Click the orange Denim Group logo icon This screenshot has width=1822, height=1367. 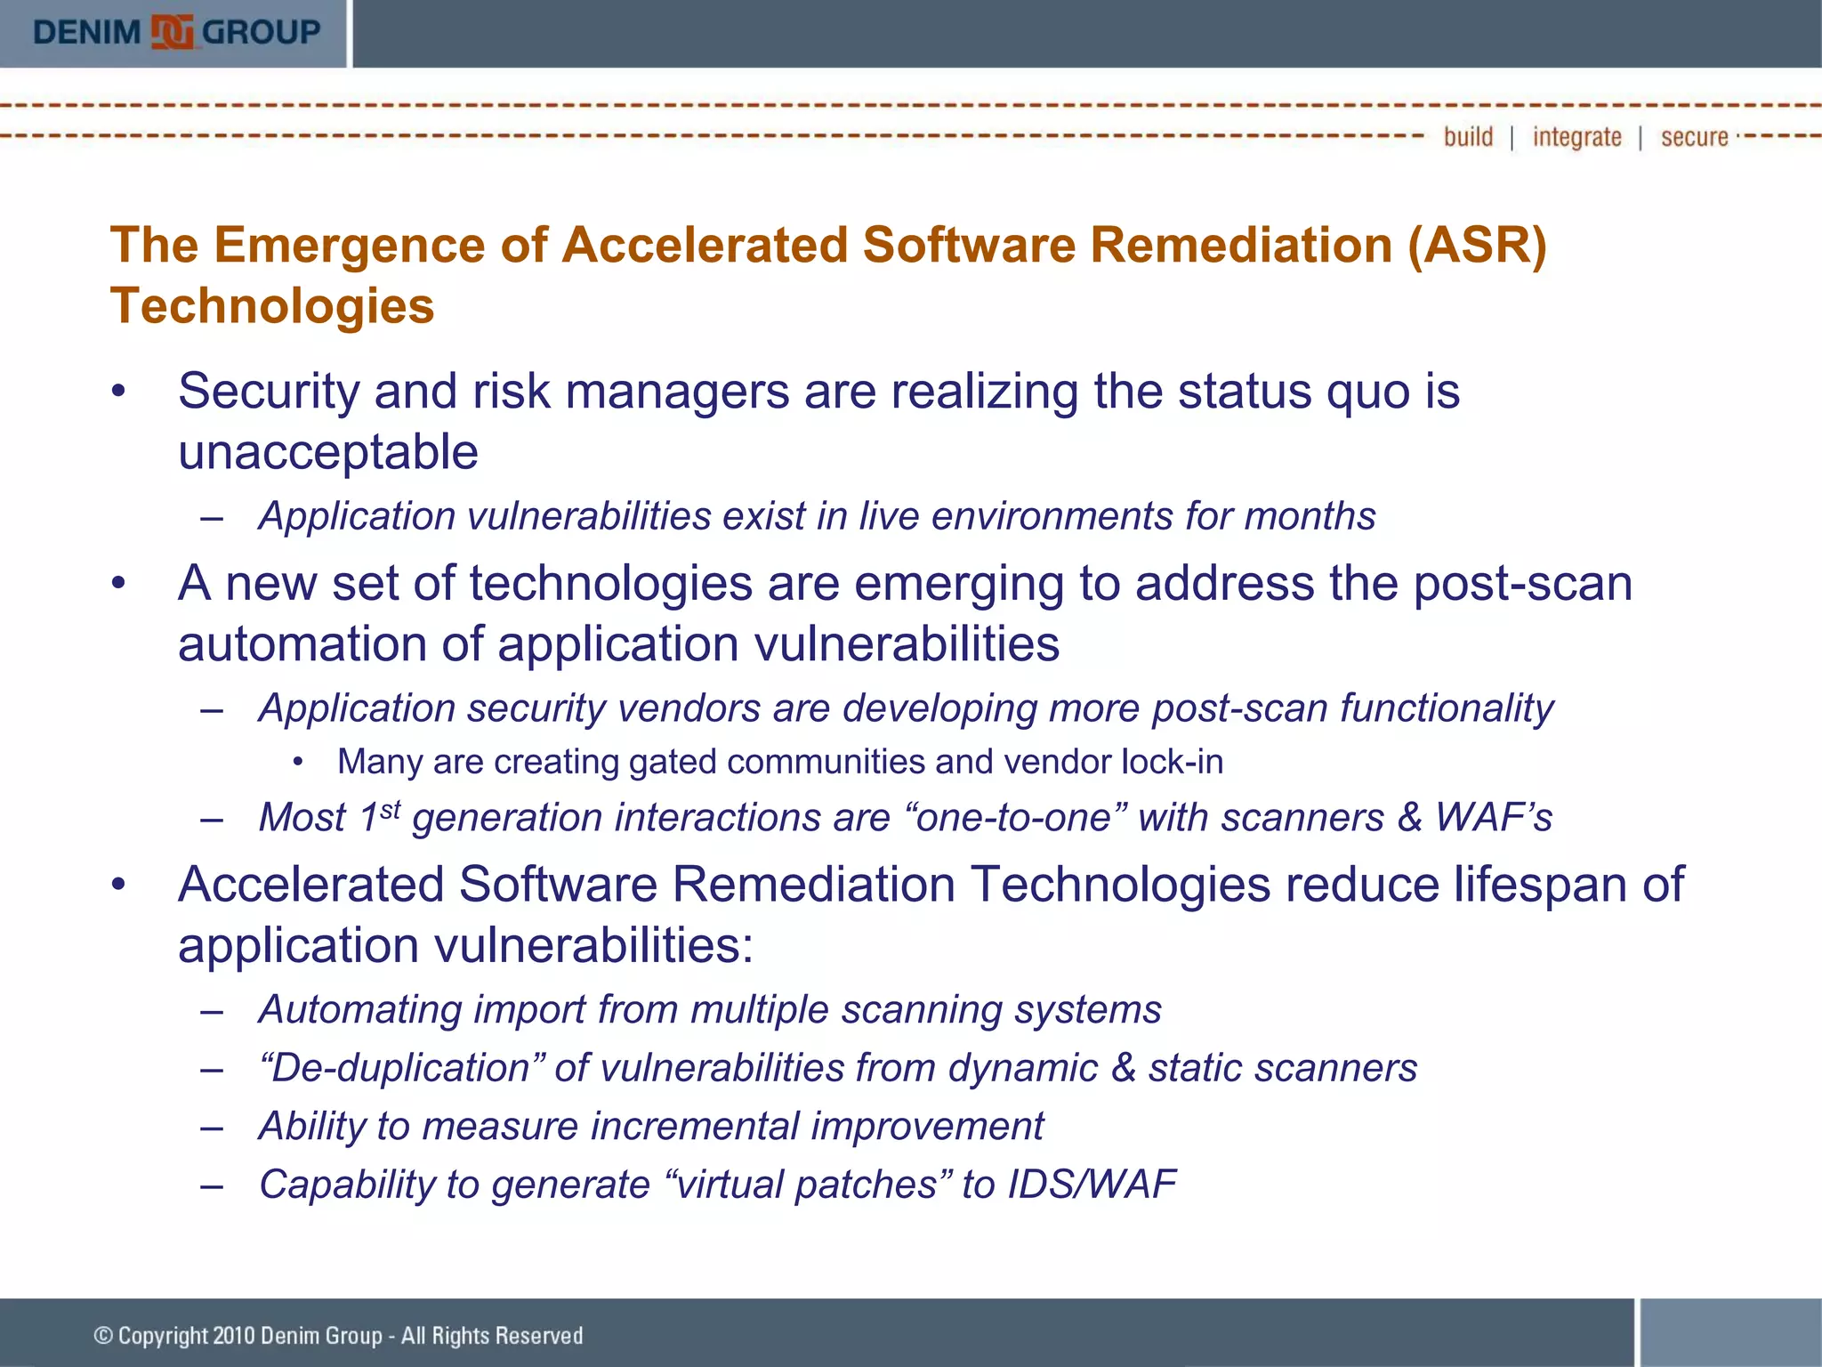172,32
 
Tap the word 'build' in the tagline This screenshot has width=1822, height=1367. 1468,137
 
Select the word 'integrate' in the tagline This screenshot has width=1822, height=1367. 1576,137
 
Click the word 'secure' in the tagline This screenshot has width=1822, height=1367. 1694,137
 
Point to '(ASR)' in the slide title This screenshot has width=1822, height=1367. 1477,245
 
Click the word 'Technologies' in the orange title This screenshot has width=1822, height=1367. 272,306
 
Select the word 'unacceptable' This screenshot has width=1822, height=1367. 327,452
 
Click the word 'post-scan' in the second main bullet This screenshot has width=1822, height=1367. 1522,584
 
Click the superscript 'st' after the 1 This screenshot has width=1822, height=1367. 390,808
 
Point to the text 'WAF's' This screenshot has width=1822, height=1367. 1494,817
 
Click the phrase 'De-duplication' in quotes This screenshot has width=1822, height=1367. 400,1068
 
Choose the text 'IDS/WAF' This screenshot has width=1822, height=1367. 1091,1185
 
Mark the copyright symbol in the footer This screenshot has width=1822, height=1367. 103,1335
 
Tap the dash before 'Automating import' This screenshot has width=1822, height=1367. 212,1011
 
